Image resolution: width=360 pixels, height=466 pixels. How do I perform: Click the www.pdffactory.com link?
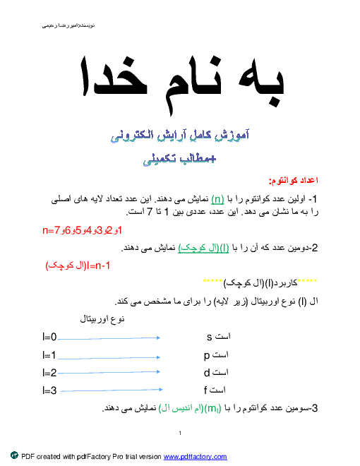tap(195, 457)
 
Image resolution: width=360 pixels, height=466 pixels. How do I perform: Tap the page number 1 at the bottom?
tap(180, 434)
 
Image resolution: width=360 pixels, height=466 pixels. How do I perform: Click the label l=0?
tap(49, 337)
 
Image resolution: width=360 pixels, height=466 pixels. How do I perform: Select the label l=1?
tap(49, 355)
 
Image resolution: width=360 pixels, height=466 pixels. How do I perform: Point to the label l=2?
tap(49, 372)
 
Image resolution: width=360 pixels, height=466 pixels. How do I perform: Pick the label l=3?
tap(49, 390)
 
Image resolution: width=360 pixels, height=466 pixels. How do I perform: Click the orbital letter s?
tap(210, 337)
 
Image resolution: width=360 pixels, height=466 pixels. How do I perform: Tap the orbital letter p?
tap(207, 356)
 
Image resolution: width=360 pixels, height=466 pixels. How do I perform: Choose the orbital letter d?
tap(207, 372)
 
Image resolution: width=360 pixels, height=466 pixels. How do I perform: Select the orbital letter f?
tap(205, 390)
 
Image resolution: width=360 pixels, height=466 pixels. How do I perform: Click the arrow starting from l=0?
tap(109, 338)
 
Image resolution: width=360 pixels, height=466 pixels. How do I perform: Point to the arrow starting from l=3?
tap(112, 390)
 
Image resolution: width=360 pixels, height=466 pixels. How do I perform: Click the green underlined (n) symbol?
tap(217, 199)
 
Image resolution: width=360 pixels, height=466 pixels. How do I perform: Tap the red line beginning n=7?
tap(83, 230)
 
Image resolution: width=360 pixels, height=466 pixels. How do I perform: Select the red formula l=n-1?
tap(78, 265)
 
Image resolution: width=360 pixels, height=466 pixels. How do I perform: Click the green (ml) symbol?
tap(213, 409)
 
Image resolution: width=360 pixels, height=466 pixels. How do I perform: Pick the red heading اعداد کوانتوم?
tap(294, 180)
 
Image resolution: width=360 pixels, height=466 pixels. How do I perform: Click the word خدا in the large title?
tap(114, 77)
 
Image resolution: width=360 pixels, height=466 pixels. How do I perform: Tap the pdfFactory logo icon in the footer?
tap(14, 455)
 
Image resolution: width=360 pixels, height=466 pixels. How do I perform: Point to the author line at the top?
tap(68, 26)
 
